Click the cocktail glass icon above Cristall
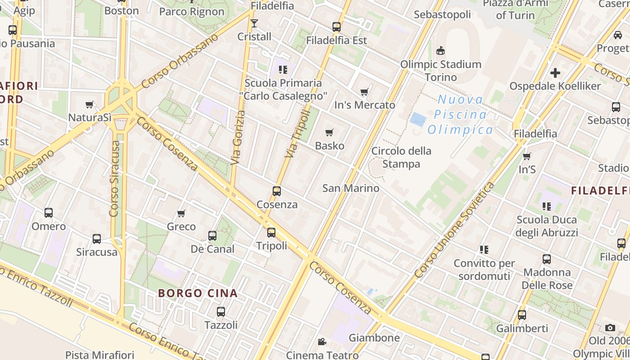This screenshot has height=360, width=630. click(254, 23)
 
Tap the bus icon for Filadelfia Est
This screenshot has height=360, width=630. click(337, 27)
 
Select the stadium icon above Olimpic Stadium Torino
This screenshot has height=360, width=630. click(441, 51)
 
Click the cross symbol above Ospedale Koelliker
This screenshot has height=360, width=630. click(555, 72)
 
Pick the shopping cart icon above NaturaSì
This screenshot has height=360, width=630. click(90, 104)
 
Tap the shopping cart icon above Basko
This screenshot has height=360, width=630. click(329, 132)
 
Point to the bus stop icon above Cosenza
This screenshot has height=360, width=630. click(277, 191)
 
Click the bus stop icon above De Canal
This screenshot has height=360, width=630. click(212, 235)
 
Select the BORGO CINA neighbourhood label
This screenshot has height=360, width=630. click(198, 293)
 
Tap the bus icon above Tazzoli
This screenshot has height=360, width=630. click(220, 311)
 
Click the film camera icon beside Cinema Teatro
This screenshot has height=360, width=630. click(322, 342)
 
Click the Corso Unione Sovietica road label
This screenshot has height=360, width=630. click(454, 229)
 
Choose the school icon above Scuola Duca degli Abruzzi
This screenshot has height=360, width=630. click(547, 207)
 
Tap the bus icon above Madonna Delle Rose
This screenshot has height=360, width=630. click(547, 259)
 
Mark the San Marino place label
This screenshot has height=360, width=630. click(351, 188)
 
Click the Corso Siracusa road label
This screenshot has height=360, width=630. click(115, 179)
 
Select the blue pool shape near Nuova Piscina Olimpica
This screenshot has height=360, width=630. click(418, 120)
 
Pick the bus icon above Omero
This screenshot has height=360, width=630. click(49, 213)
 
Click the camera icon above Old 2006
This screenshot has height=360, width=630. click(610, 328)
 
